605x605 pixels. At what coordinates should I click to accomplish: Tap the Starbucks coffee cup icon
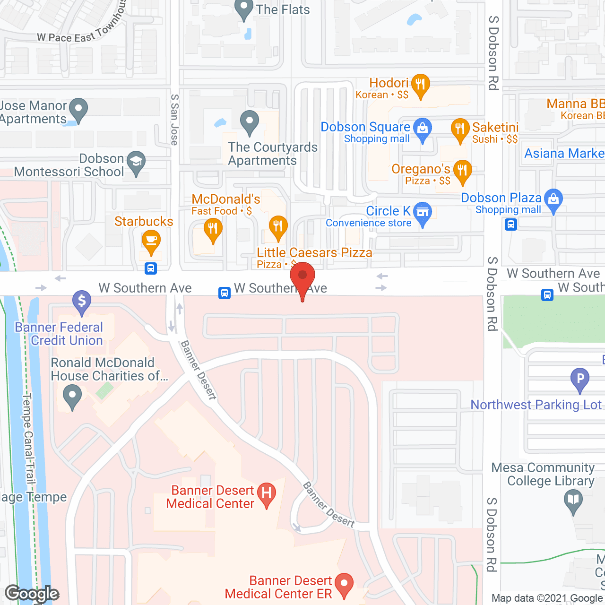151,240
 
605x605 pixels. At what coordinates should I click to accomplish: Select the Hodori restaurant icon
420,85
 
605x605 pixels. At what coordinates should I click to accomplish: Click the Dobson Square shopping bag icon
423,128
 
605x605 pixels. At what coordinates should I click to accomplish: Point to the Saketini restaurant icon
460,129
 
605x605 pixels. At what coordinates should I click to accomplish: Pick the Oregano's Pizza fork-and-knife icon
462,170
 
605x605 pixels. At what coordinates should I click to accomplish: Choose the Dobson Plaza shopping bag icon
553,199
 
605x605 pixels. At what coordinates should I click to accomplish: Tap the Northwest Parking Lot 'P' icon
580,379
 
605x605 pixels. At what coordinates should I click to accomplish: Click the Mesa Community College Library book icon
573,500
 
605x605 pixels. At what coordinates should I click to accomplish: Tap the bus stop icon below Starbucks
151,268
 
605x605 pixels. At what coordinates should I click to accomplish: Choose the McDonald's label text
226,199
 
